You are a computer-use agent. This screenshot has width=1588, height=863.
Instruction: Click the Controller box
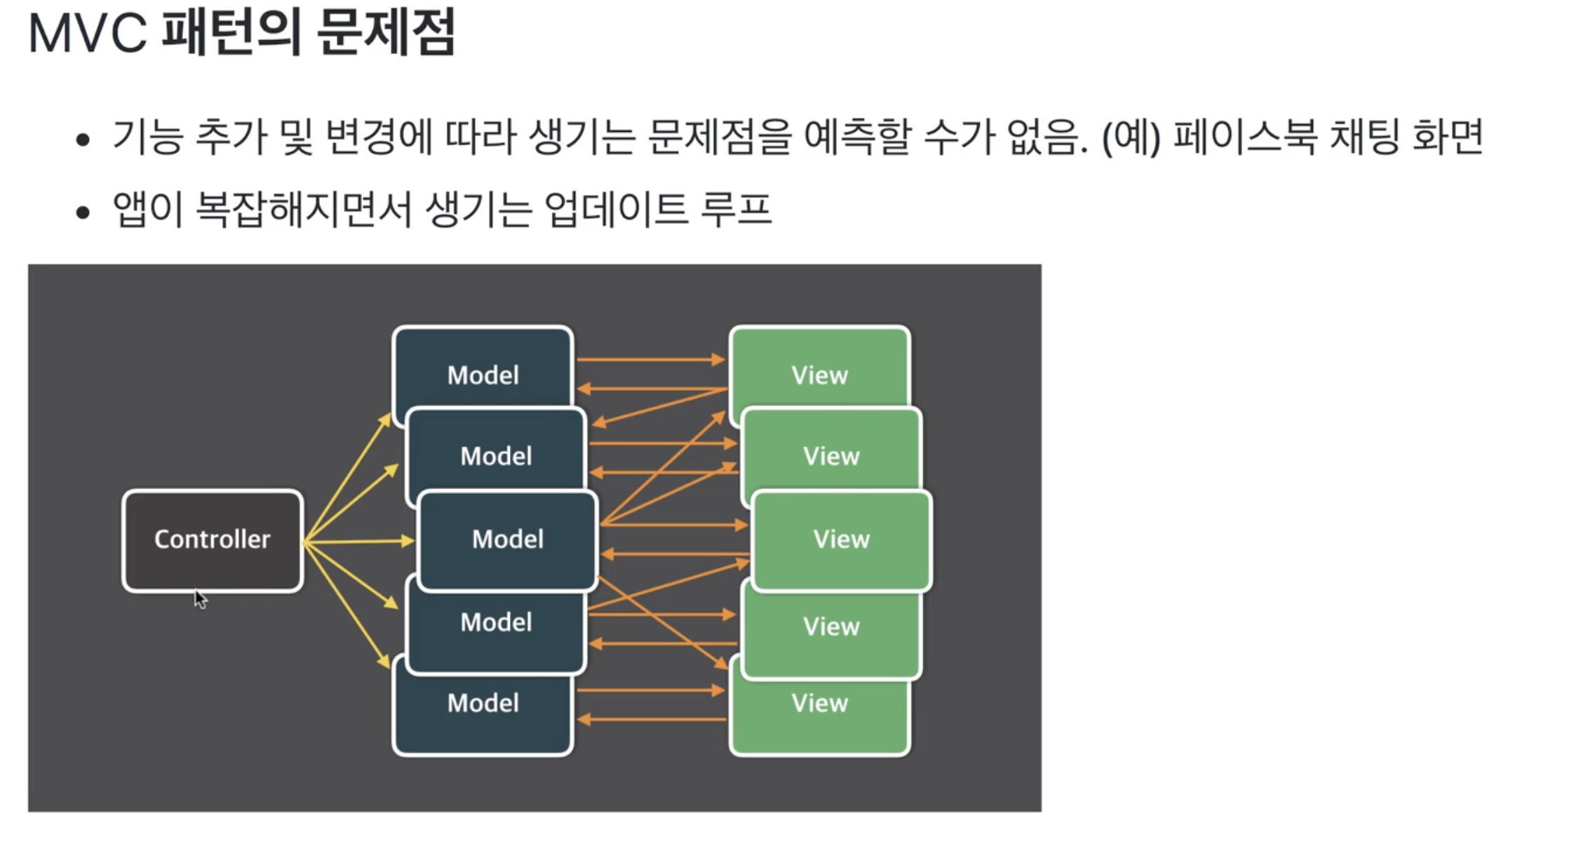click(x=213, y=540)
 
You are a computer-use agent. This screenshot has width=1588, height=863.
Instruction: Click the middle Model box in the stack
click(x=508, y=540)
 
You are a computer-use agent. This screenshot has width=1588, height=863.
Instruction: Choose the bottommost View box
click(x=819, y=716)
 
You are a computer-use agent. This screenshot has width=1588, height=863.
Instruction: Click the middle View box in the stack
click(x=842, y=540)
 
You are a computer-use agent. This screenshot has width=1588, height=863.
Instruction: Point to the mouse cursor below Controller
click(x=200, y=598)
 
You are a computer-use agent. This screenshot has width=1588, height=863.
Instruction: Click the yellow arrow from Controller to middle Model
click(x=358, y=541)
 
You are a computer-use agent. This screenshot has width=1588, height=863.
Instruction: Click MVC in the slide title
click(x=88, y=33)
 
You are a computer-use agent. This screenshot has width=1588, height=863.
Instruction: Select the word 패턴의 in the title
click(x=232, y=33)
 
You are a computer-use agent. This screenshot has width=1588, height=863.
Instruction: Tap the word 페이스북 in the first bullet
click(x=1245, y=136)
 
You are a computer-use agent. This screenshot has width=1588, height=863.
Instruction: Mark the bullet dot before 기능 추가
click(x=83, y=140)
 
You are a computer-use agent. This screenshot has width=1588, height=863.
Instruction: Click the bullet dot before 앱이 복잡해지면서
click(x=83, y=212)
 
